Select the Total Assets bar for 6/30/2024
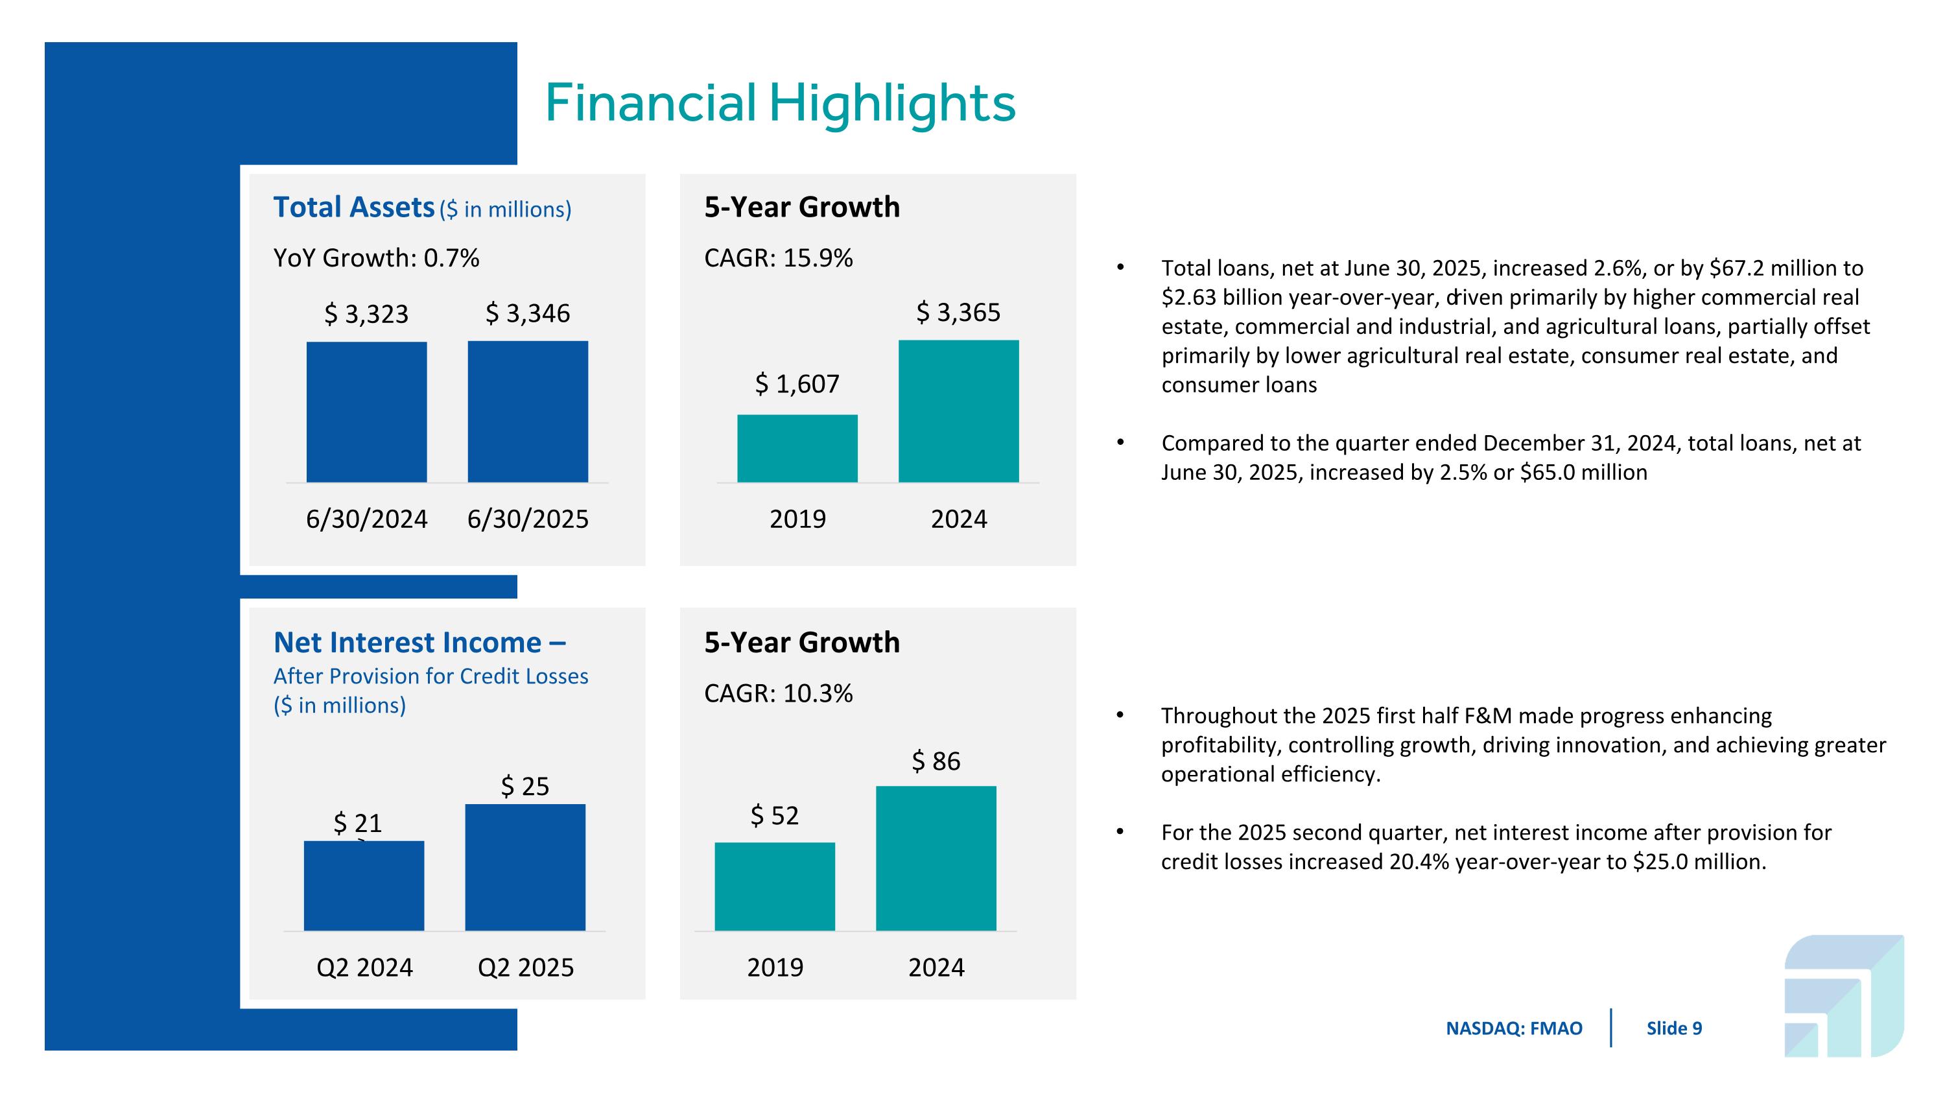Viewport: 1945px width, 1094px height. click(x=366, y=412)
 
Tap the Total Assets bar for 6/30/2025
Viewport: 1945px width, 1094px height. click(x=528, y=412)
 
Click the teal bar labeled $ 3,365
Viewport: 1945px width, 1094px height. click(x=958, y=412)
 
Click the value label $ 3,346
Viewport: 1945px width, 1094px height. click(x=528, y=313)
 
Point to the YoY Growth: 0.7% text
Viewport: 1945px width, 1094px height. click(x=376, y=258)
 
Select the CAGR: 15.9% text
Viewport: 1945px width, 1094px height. click(x=779, y=258)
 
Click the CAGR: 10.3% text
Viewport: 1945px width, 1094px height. click(x=779, y=693)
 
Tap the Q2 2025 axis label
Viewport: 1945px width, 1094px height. click(x=526, y=967)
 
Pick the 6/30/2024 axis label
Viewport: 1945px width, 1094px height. click(x=366, y=519)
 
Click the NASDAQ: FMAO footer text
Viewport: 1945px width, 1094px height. click(x=1514, y=1029)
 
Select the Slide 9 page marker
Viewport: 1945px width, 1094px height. click(x=1674, y=1029)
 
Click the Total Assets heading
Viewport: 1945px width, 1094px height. click(x=353, y=208)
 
